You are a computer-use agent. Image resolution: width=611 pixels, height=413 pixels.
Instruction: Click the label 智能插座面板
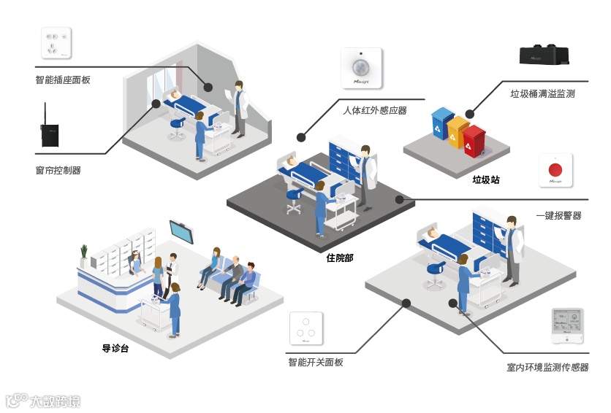63,80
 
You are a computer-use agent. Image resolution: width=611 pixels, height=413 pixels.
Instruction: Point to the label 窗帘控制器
58,170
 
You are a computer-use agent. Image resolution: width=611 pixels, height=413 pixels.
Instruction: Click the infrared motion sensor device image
362,68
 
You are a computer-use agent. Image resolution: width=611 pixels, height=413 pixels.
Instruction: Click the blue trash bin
441,124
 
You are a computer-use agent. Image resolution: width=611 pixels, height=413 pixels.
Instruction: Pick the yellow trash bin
458,133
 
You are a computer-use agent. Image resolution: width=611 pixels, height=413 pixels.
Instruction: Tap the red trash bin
474,142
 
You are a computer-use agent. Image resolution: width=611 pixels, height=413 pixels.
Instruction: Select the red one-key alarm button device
555,169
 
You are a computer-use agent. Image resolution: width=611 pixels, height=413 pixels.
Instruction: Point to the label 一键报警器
558,215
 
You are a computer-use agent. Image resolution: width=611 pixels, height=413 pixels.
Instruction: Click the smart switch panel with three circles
306,329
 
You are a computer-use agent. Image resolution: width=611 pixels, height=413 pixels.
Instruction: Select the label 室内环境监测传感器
547,367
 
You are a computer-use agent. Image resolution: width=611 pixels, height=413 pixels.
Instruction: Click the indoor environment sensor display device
566,326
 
